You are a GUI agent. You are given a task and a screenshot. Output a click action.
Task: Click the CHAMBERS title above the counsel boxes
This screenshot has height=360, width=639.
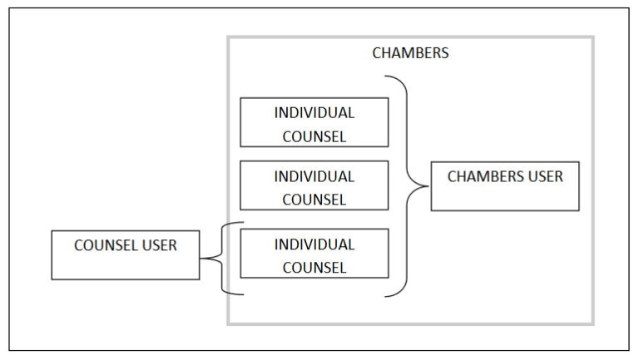pyautogui.click(x=410, y=53)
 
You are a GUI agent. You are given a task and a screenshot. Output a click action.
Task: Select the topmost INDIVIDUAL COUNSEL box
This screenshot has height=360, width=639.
pyautogui.click(x=314, y=122)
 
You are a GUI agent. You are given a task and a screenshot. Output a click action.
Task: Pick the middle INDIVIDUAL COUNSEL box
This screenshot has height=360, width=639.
pyautogui.click(x=314, y=185)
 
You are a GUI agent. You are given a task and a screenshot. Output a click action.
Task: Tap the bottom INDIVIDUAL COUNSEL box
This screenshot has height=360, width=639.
pyautogui.click(x=314, y=254)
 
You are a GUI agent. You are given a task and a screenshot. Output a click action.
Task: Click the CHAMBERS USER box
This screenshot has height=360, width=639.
pyautogui.click(x=504, y=186)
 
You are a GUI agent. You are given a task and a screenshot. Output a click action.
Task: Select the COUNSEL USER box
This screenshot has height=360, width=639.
pyautogui.click(x=125, y=255)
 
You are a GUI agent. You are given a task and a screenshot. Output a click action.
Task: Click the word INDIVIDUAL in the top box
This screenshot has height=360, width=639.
pyautogui.click(x=314, y=112)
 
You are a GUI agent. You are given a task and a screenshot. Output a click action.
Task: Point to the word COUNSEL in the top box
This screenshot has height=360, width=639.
pyautogui.click(x=314, y=136)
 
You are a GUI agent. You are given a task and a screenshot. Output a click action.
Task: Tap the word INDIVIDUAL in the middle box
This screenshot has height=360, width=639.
pyautogui.click(x=314, y=176)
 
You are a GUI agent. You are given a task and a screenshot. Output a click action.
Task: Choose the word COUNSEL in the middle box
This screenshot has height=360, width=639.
pyautogui.click(x=314, y=200)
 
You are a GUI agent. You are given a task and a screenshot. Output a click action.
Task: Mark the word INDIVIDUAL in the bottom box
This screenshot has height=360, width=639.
pyautogui.click(x=314, y=244)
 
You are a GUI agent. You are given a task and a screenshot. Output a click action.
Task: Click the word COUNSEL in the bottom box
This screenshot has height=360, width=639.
pyautogui.click(x=314, y=268)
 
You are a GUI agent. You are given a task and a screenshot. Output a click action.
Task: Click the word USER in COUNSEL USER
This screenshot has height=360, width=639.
pyautogui.click(x=158, y=245)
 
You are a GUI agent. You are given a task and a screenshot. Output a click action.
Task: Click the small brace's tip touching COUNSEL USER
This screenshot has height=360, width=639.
pyautogui.click(x=201, y=258)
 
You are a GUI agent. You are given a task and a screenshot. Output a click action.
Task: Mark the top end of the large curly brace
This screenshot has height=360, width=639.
pyautogui.click(x=384, y=77)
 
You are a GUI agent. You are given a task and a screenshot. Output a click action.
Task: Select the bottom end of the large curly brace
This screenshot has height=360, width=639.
pyautogui.click(x=384, y=295)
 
